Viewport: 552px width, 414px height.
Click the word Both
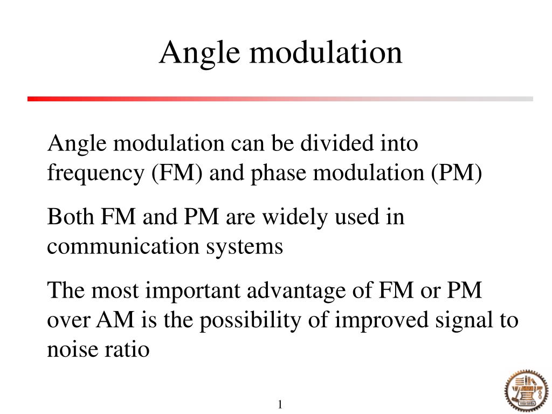tap(71, 217)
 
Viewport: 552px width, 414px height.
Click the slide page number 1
tap(280, 404)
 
